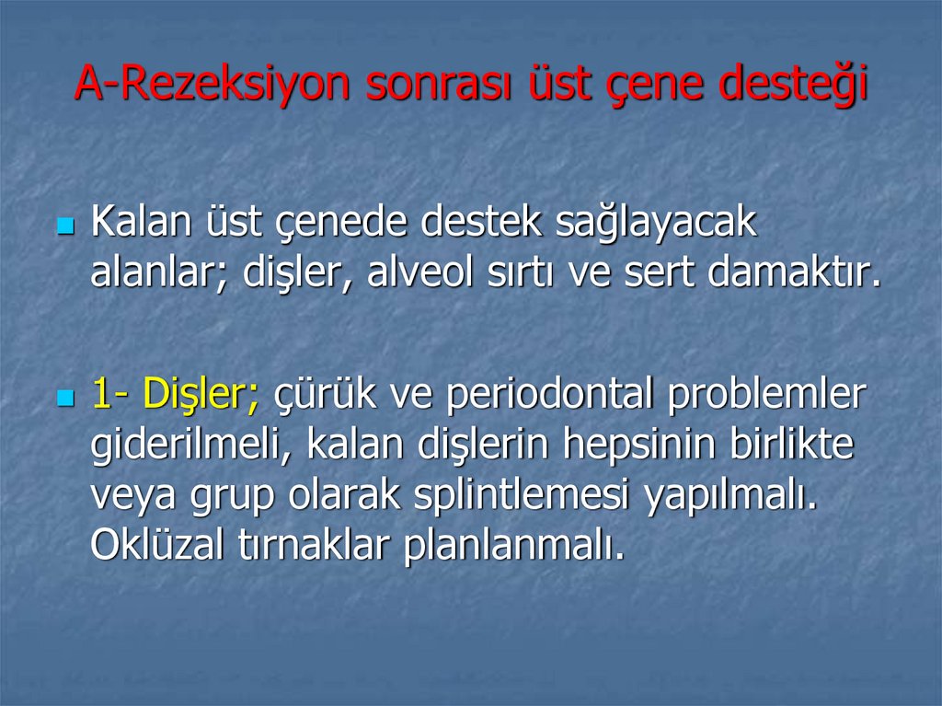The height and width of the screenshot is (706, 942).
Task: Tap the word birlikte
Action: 791,446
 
